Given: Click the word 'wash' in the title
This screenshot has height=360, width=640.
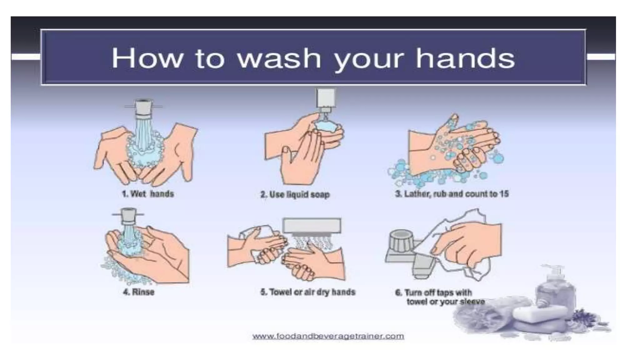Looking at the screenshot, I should pos(279,58).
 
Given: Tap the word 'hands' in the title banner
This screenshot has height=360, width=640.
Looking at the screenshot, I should pos(465,58).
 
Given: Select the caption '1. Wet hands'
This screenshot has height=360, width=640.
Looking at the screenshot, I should pos(148,194).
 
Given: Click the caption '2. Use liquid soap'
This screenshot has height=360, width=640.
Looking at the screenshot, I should pos(295,194).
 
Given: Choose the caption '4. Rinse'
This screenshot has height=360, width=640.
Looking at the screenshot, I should pos(139,292).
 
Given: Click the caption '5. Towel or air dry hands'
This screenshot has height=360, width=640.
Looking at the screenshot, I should pos(308,292).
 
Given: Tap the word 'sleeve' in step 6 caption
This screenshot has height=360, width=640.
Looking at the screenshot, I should pos(472,302).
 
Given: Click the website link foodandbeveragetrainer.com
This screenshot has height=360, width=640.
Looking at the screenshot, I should pos(328,336).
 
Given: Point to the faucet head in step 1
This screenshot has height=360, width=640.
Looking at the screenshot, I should pos(143,108).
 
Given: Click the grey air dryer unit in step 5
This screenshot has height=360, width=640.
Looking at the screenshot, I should pos(312,225).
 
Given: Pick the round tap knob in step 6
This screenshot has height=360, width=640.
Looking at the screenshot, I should pos(401,241).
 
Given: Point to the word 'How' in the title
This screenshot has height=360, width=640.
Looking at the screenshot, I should pos(147,58).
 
